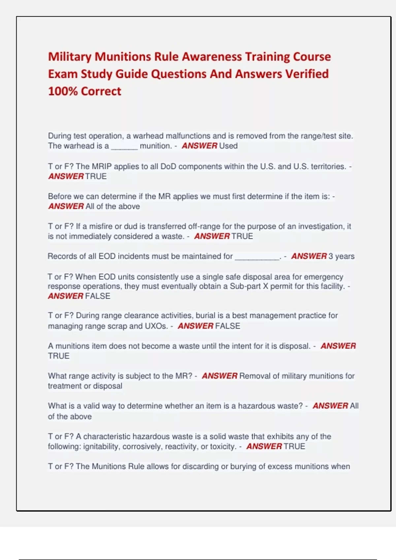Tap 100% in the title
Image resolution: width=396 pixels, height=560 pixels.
(63, 91)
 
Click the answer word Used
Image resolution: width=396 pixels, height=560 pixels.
(228, 146)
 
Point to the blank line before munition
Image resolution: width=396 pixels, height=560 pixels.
(124, 146)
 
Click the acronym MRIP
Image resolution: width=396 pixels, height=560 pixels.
(102, 166)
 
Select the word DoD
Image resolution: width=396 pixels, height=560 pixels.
(168, 166)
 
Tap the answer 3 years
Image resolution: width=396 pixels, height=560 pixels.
(341, 256)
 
